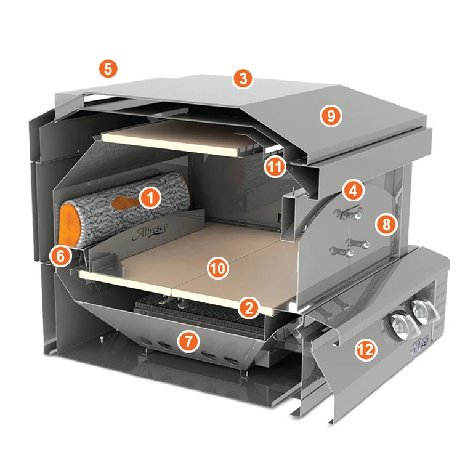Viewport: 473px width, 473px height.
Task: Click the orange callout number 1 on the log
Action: click(150, 197)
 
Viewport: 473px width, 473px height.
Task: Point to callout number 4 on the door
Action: click(352, 191)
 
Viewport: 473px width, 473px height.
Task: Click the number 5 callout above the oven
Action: click(108, 68)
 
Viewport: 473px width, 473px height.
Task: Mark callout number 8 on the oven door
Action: click(386, 224)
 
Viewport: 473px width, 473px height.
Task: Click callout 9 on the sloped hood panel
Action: click(331, 116)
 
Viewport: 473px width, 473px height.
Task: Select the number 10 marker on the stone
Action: click(219, 268)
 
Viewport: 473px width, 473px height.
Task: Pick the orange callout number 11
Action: click(275, 166)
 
